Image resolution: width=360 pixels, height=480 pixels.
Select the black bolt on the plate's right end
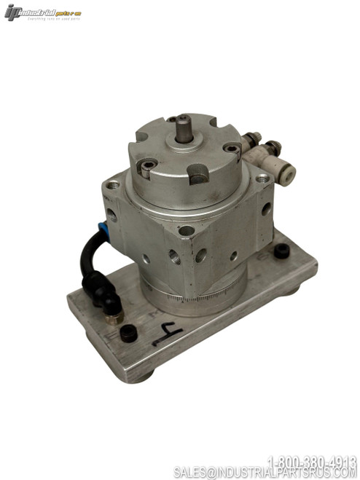tap(281, 251)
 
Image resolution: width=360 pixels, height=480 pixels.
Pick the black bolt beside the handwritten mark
tap(128, 334)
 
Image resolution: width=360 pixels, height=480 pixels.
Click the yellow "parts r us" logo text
tap(69, 12)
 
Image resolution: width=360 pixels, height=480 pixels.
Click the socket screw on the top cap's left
tap(146, 166)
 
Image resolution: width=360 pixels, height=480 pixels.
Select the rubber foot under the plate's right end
tap(292, 289)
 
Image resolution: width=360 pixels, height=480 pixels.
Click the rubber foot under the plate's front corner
tap(143, 377)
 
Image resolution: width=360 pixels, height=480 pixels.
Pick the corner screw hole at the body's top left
tap(111, 185)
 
